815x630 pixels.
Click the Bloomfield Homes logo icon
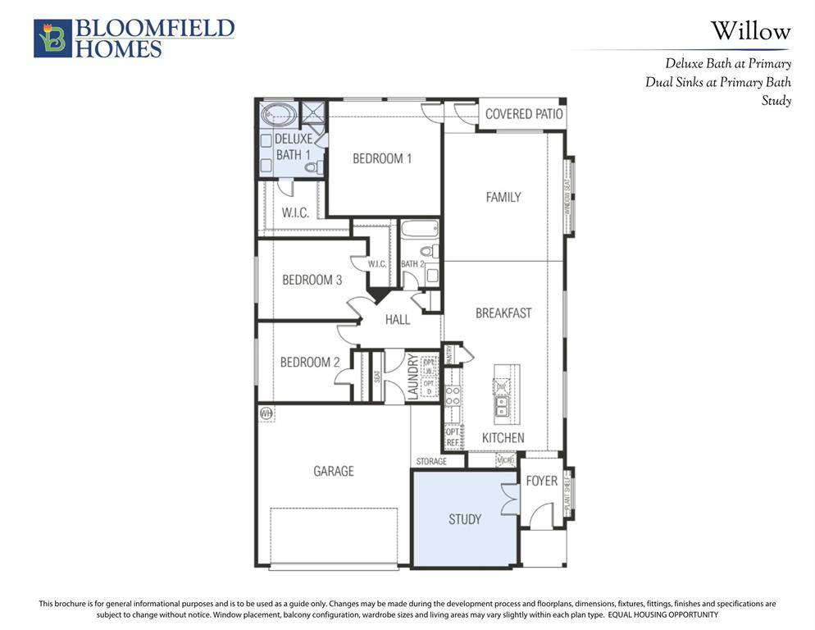pyautogui.click(x=52, y=39)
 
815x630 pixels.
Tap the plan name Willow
pyautogui.click(x=750, y=32)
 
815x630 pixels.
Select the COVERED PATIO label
pyautogui.click(x=524, y=114)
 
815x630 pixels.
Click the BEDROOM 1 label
pyautogui.click(x=382, y=158)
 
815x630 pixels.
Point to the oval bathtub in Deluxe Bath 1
pyautogui.click(x=277, y=114)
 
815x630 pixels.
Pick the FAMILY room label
pyautogui.click(x=503, y=197)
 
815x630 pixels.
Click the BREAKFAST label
pyautogui.click(x=503, y=313)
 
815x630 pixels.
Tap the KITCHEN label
pyautogui.click(x=503, y=437)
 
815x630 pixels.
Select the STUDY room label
pyautogui.click(x=465, y=519)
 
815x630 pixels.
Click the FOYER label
pyautogui.click(x=542, y=481)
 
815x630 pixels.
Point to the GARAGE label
pyautogui.click(x=334, y=471)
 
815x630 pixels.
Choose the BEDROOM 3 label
pyautogui.click(x=312, y=280)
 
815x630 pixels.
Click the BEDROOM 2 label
pyautogui.click(x=310, y=362)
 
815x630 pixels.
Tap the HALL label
pyautogui.click(x=398, y=319)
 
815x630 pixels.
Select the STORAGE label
pyautogui.click(x=431, y=462)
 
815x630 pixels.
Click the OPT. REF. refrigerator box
pyautogui.click(x=453, y=436)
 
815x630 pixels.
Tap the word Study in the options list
pyautogui.click(x=776, y=101)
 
